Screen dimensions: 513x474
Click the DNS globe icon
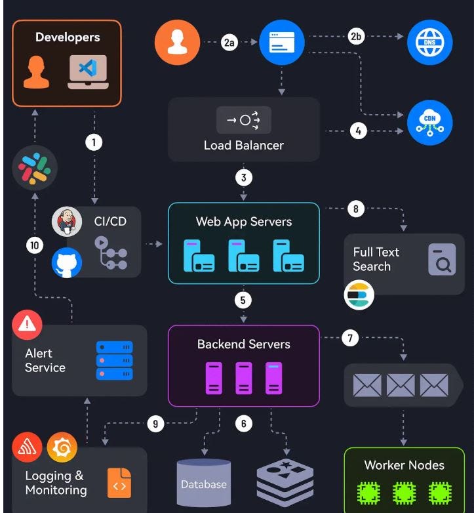point(429,43)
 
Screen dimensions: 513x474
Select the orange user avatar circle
point(177,43)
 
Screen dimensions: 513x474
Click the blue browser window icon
point(282,43)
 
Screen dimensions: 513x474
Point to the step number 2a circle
point(229,43)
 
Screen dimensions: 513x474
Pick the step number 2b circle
point(357,37)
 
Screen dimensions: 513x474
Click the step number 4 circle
point(358,131)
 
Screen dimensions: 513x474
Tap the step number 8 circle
point(355,209)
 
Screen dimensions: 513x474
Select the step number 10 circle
point(35,246)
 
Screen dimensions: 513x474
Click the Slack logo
point(35,168)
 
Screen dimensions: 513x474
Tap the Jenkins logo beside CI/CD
point(66,221)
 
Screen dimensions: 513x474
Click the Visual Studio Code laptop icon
point(88,72)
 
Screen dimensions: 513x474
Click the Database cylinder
point(204,484)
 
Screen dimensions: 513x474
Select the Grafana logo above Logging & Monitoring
point(62,448)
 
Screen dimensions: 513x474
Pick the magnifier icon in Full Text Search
point(441,259)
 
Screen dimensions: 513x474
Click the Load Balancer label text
point(243,145)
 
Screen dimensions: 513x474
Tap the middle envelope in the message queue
point(400,385)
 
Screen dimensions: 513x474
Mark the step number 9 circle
point(155,424)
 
